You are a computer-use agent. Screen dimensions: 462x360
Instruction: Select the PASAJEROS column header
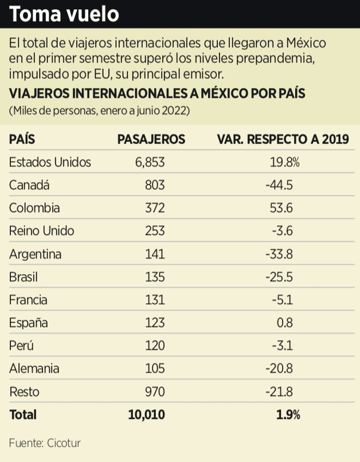point(151,139)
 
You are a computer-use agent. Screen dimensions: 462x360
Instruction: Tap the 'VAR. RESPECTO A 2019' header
point(283,139)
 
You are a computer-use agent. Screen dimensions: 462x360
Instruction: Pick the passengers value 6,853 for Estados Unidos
point(150,162)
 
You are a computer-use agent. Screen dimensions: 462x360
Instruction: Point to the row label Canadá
point(30,185)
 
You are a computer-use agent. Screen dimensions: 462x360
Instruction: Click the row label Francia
point(29,300)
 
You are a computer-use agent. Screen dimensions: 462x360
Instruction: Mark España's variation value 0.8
point(284,323)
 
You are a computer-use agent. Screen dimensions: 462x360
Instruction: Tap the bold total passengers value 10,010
point(146,415)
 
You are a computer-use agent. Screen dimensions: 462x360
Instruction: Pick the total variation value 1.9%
point(288,415)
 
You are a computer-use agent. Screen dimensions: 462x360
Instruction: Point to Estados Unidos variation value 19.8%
point(285,162)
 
